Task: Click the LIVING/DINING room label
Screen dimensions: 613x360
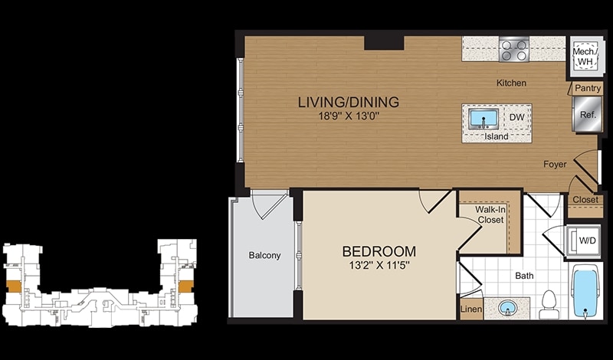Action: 349,102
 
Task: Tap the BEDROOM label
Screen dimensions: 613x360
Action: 379,251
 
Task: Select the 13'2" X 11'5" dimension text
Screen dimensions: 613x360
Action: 379,266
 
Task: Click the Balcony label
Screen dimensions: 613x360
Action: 264,256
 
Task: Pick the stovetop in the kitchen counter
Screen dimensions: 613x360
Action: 513,49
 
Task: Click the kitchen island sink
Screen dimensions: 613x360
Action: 484,119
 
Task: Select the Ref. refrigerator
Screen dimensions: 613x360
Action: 587,114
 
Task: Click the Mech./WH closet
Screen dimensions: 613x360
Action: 585,56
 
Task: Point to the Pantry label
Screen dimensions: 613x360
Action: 588,88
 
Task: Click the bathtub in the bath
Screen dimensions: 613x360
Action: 585,292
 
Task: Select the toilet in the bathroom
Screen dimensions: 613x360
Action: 549,305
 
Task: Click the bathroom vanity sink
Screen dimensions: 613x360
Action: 508,308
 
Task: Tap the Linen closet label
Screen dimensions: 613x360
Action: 471,309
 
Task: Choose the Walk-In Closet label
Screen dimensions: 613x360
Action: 490,215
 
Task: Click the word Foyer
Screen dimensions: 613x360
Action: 555,165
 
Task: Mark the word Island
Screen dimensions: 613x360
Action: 497,136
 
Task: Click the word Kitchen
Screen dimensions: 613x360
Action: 511,83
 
